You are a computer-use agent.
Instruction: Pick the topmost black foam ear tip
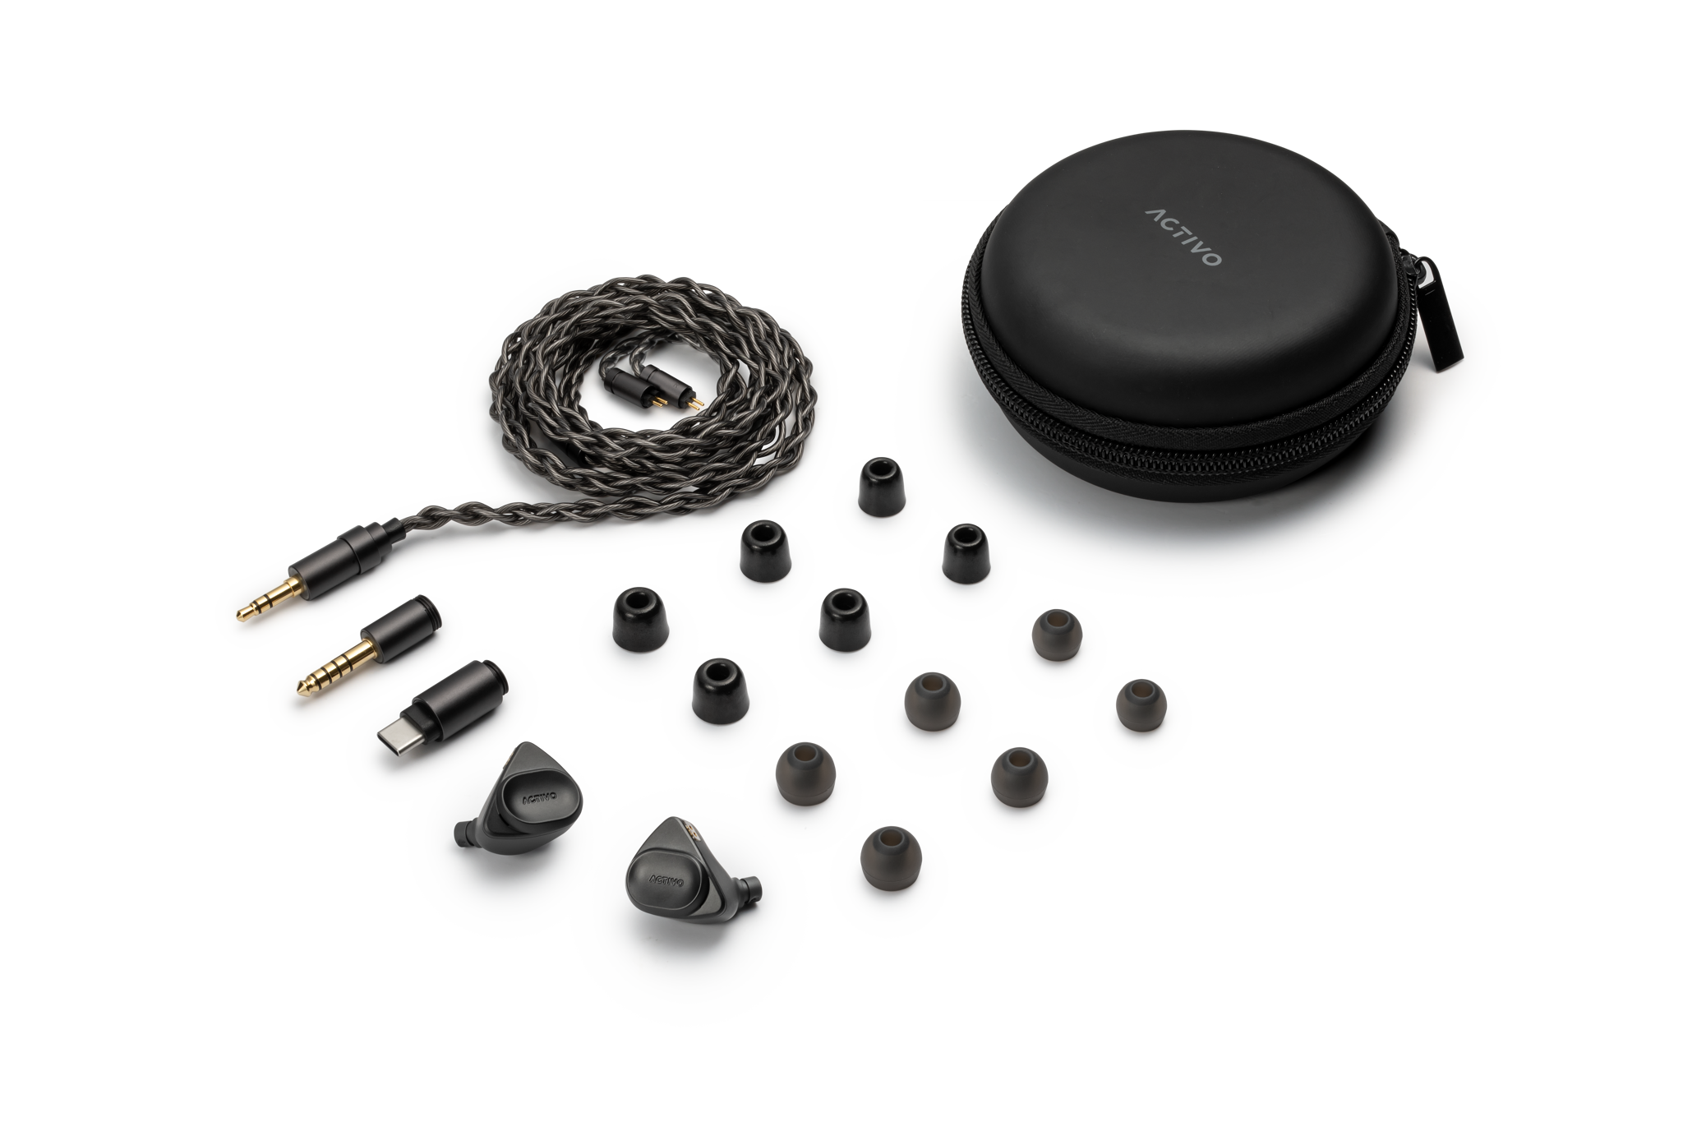[x=881, y=487]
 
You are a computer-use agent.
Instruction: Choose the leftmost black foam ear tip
[x=639, y=618]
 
